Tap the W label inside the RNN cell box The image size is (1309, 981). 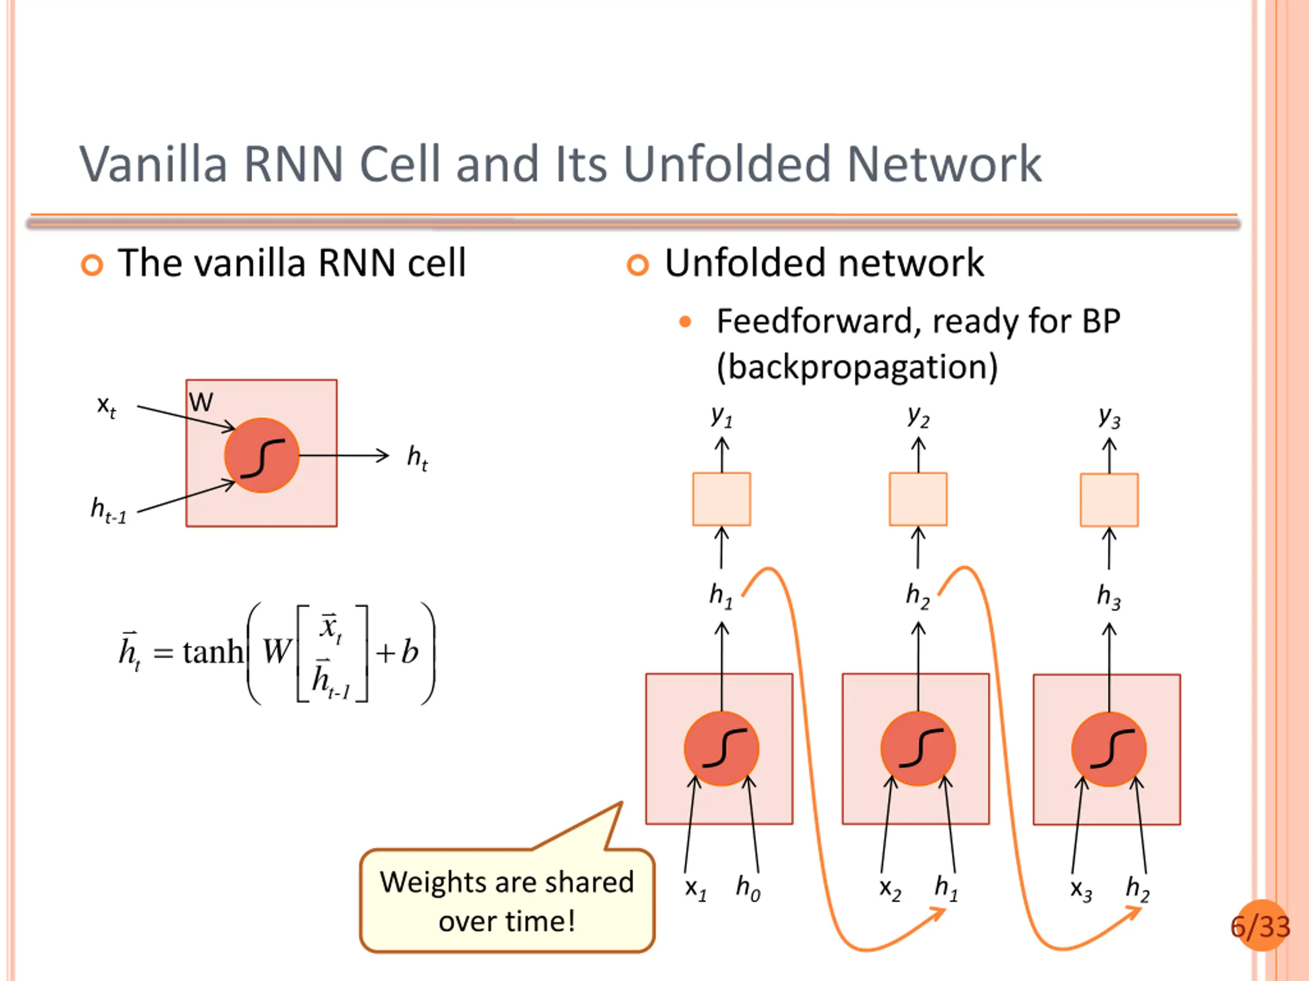click(201, 402)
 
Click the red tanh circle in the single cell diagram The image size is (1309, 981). click(262, 455)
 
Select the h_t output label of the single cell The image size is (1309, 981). click(417, 458)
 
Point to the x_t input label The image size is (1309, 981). click(106, 407)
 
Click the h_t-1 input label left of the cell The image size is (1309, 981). click(108, 510)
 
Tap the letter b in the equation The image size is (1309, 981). click(410, 651)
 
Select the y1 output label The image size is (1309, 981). click(722, 416)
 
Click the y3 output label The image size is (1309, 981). click(1110, 417)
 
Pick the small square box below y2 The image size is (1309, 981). click(918, 499)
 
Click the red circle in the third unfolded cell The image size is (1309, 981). click(1109, 749)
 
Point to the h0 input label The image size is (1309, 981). click(748, 888)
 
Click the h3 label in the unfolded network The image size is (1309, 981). click(1109, 597)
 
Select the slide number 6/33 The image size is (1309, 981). click(1260, 927)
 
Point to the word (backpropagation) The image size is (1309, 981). click(857, 368)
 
